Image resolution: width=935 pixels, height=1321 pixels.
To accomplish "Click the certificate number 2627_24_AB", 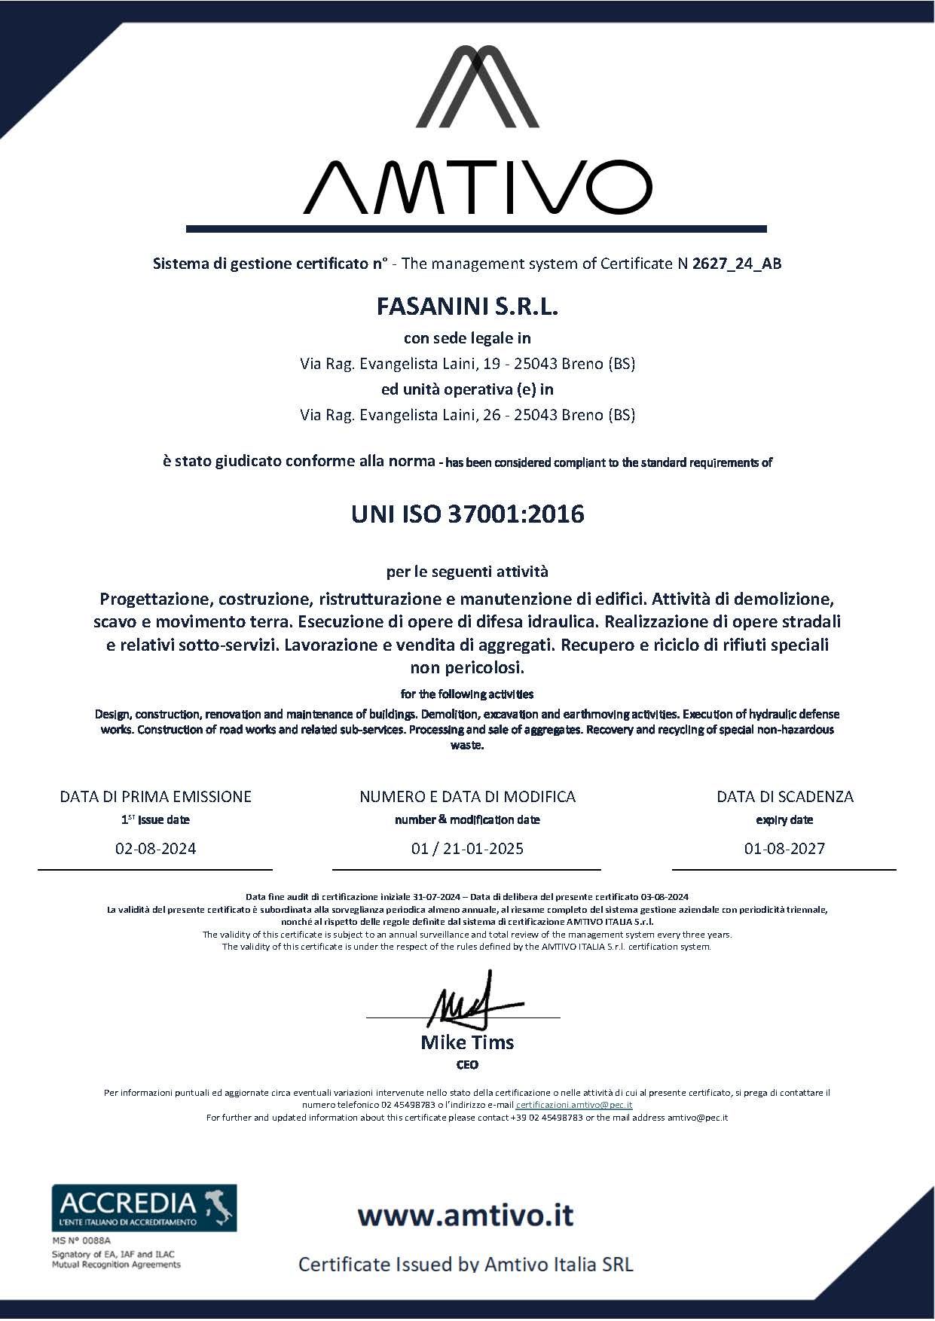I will pyautogui.click(x=736, y=264).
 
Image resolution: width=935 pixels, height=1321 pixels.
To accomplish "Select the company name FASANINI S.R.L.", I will pyautogui.click(x=467, y=307).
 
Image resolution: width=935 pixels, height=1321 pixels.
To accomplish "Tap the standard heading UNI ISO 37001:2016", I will pyautogui.click(x=467, y=514).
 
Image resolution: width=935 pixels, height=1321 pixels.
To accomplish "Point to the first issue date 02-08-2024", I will pyautogui.click(x=155, y=849).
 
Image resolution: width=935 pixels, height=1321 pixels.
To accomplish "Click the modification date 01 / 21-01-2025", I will pyautogui.click(x=467, y=849).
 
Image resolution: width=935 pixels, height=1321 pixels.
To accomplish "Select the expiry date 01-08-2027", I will pyautogui.click(x=784, y=849).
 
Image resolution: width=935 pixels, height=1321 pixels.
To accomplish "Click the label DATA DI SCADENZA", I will pyautogui.click(x=784, y=797).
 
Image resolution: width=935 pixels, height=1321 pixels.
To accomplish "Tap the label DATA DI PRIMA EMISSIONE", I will pyautogui.click(x=155, y=797).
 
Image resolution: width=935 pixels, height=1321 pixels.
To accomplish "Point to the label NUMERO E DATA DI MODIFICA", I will pyautogui.click(x=467, y=797).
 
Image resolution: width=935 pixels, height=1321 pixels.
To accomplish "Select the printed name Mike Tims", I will pyautogui.click(x=467, y=1043).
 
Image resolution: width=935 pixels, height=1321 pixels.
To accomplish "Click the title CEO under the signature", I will pyautogui.click(x=467, y=1065).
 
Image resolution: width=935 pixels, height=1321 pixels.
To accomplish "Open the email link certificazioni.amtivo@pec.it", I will pyautogui.click(x=574, y=1105).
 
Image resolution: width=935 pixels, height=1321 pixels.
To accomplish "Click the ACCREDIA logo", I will pyautogui.click(x=144, y=1207).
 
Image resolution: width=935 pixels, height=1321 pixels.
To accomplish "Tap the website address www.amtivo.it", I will pyautogui.click(x=466, y=1215).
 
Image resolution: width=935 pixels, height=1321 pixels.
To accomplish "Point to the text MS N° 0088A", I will pyautogui.click(x=81, y=1240).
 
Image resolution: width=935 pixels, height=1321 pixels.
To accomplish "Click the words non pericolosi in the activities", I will pyautogui.click(x=467, y=668).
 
